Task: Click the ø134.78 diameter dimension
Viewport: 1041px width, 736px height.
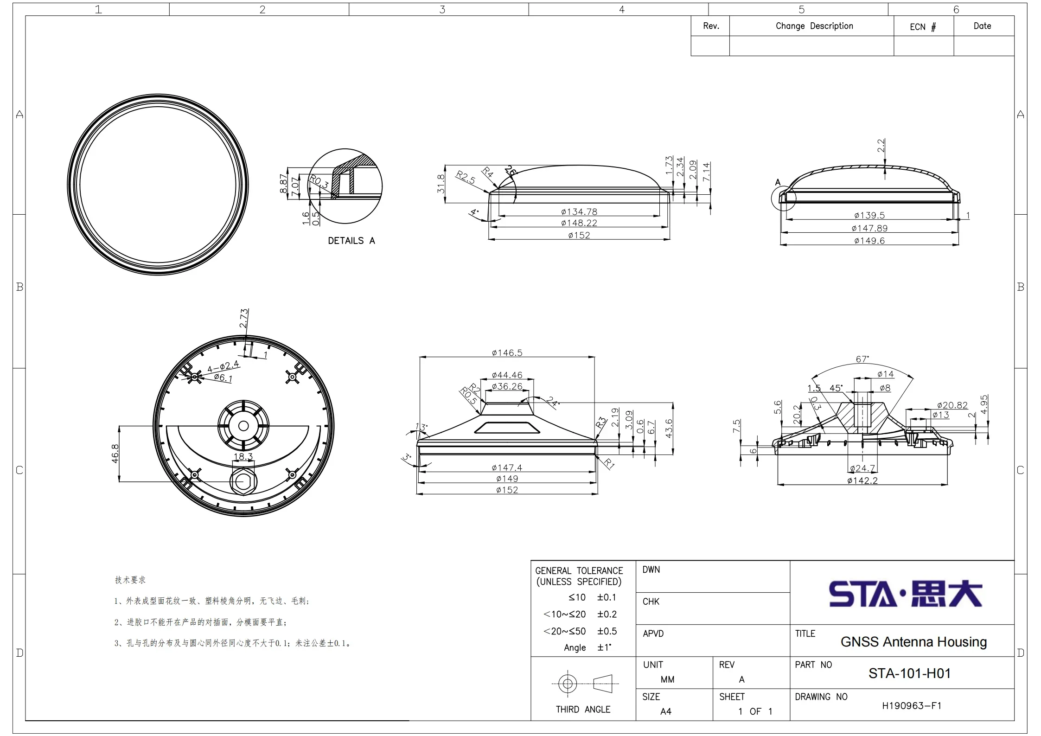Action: (x=579, y=212)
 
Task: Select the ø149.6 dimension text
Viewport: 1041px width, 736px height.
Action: (x=869, y=241)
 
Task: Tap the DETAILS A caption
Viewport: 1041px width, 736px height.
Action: (x=351, y=241)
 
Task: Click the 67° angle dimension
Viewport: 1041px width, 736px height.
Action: (x=862, y=359)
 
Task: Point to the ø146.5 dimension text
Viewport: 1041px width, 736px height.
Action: (x=507, y=353)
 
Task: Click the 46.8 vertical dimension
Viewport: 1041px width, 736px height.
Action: (x=115, y=454)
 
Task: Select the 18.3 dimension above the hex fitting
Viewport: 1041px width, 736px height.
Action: (x=243, y=456)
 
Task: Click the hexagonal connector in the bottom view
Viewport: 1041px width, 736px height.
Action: (x=243, y=482)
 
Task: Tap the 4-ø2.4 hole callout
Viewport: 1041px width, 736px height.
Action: (x=223, y=367)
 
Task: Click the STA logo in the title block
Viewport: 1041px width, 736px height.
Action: (x=905, y=594)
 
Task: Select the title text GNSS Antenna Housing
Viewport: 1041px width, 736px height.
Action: (x=913, y=642)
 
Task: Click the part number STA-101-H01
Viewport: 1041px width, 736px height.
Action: (x=909, y=673)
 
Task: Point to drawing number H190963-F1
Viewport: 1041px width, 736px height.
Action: (x=911, y=706)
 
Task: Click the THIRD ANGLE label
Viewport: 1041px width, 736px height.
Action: (x=583, y=710)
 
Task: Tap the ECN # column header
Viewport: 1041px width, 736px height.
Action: (x=923, y=27)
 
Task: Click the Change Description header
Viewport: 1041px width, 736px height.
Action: (x=814, y=26)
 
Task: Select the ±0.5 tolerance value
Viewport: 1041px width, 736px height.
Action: (x=607, y=631)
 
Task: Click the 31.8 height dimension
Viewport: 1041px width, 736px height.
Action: (x=441, y=184)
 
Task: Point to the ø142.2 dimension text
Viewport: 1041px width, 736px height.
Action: (x=862, y=481)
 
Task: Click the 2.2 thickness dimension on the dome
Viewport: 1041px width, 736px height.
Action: (x=881, y=146)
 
